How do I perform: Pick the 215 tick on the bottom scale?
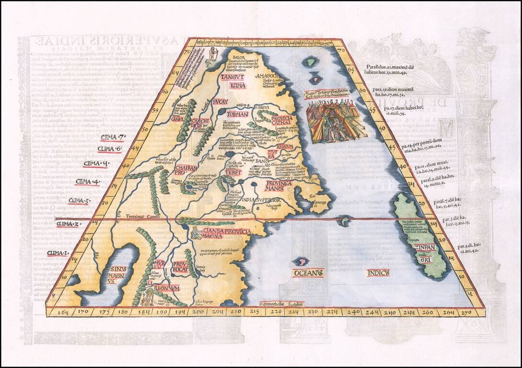pos(254,312)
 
